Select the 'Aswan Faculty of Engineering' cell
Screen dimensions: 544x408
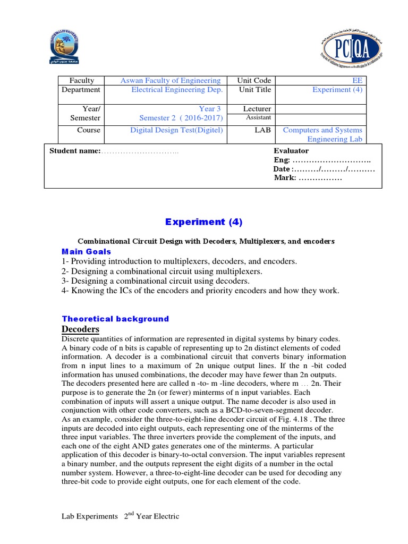163,81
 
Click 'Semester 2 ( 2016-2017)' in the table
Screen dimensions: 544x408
181,118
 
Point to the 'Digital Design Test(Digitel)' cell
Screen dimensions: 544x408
176,130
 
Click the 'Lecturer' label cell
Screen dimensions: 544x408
257,109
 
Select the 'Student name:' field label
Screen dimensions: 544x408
75,151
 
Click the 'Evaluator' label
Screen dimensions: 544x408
291,151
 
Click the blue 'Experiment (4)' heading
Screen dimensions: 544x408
203,222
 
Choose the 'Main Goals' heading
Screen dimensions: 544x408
87,251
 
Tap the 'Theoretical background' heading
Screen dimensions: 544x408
115,319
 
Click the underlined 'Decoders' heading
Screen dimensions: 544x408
80,329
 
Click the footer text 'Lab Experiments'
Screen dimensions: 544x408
89,516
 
